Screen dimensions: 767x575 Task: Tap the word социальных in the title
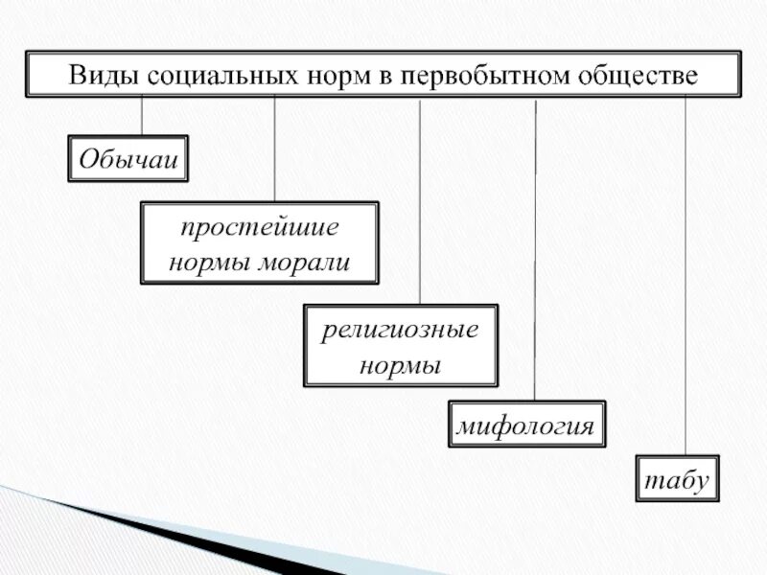tap(198, 74)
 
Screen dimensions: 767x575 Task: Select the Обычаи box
tap(128, 159)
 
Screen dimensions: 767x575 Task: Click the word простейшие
tap(260, 230)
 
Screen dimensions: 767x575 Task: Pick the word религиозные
tap(400, 333)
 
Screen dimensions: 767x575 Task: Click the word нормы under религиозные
tap(400, 365)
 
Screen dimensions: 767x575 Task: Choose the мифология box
tap(526, 425)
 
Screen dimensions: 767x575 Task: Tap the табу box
tap(677, 480)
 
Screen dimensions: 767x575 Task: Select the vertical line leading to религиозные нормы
tap(420, 201)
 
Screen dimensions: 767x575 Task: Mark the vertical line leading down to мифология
tap(535, 249)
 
